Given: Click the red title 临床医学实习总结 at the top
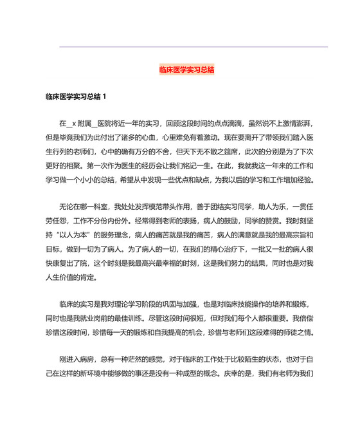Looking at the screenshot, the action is pos(186,70).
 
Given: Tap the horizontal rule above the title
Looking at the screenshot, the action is pos(193,47).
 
